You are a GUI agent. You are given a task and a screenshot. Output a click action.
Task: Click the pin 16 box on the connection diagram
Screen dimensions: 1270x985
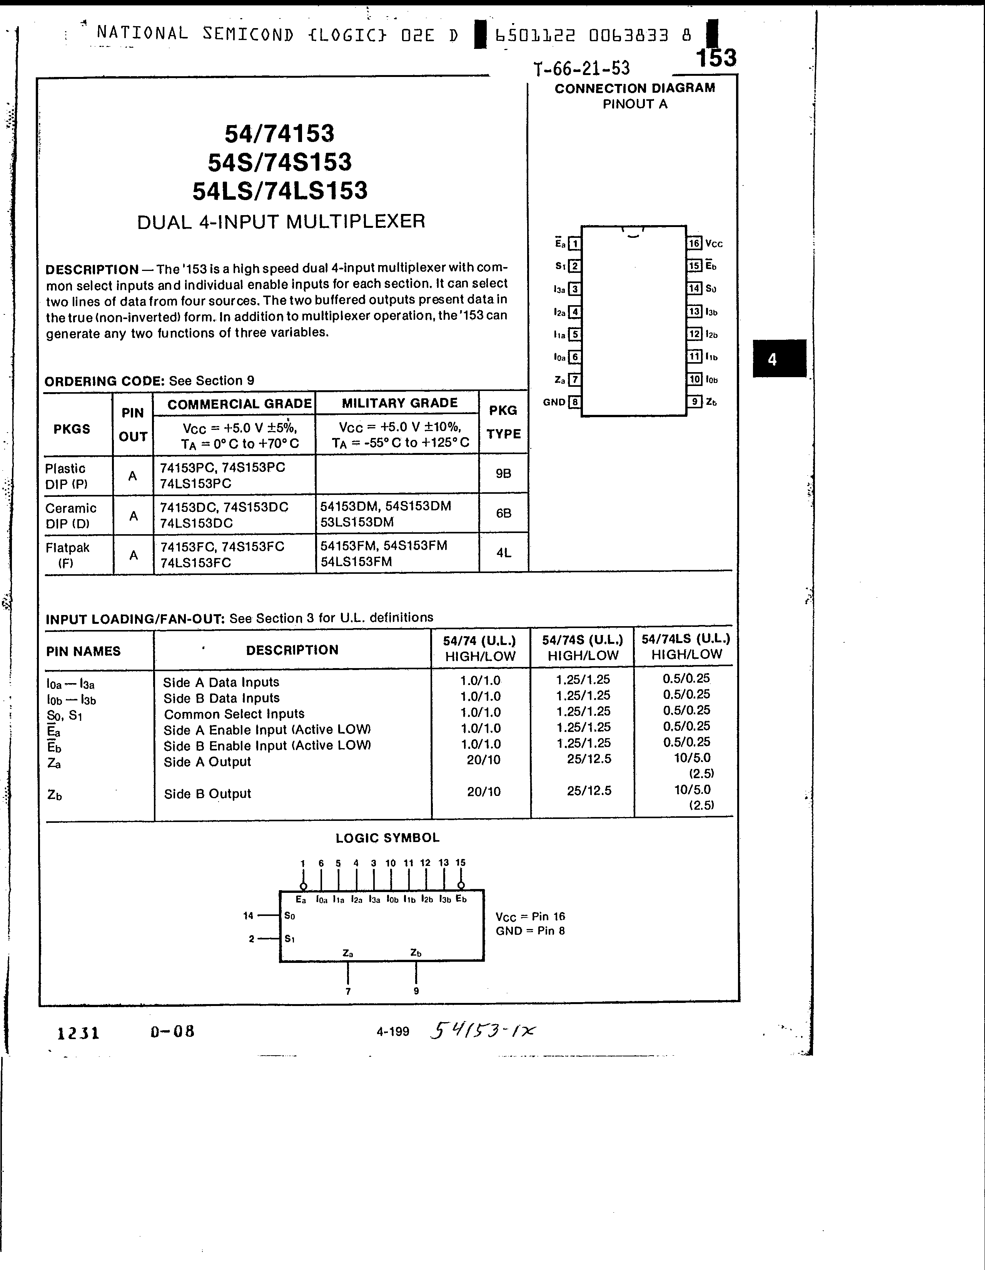click(694, 244)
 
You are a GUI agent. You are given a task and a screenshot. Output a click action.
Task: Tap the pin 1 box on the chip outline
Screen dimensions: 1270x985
click(574, 244)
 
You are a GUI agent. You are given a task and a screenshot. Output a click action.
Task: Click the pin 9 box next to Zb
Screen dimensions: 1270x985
click(694, 402)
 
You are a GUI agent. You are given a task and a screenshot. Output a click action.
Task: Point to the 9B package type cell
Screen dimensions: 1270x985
click(504, 474)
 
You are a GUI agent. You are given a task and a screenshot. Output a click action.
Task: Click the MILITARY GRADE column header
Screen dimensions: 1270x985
click(399, 403)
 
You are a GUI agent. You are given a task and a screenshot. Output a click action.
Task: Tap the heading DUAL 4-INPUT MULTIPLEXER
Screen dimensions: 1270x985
click(281, 222)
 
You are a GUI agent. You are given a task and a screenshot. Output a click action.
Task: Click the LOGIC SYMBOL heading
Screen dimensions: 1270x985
click(387, 838)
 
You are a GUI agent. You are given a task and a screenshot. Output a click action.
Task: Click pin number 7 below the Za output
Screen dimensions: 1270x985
click(348, 991)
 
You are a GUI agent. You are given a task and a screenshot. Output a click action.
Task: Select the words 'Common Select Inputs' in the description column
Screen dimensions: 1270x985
click(234, 714)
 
